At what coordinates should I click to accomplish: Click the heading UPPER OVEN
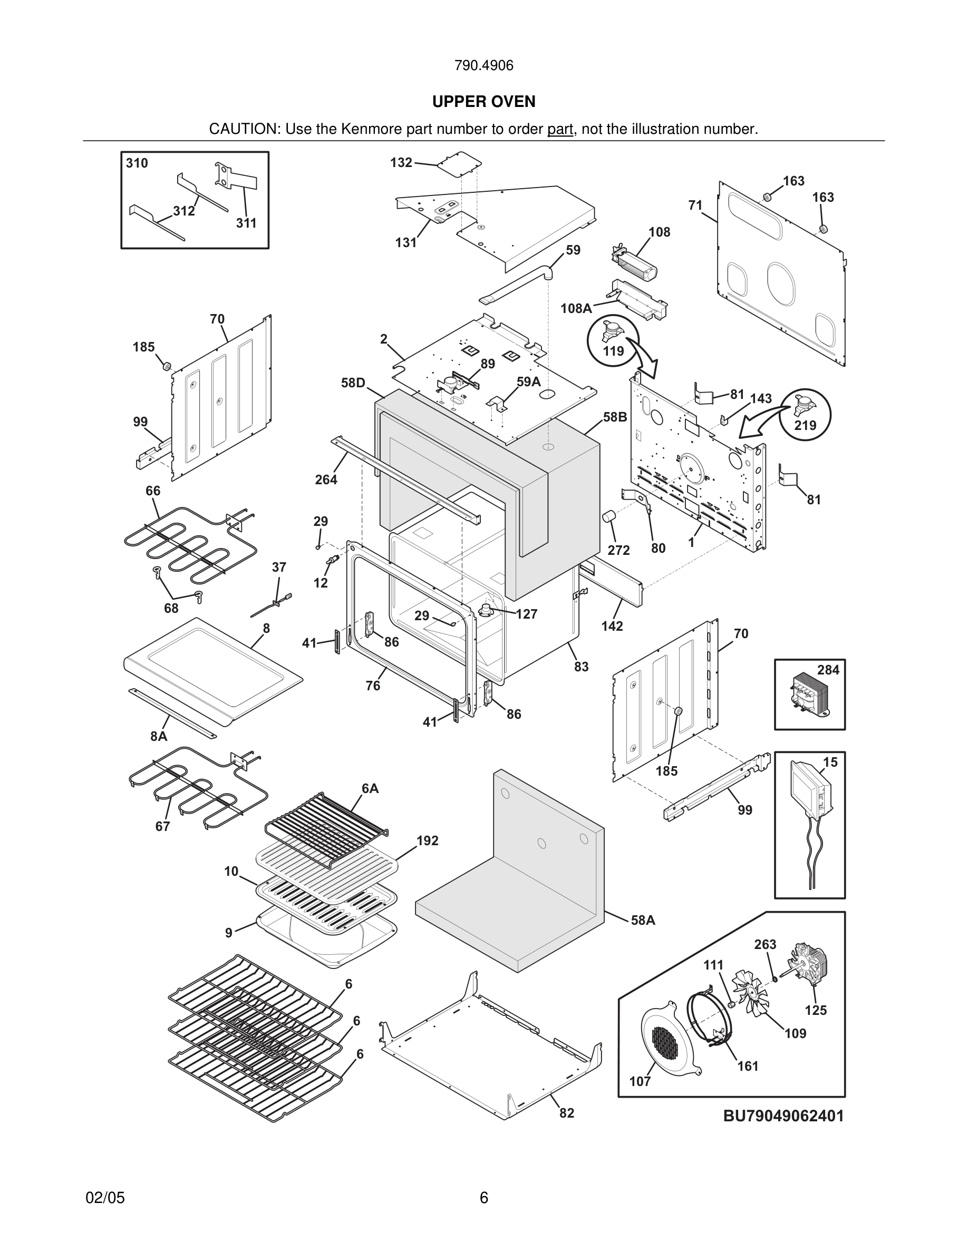[x=483, y=102]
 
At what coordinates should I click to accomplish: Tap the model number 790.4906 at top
[x=483, y=66]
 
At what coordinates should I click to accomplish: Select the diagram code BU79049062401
[x=783, y=1116]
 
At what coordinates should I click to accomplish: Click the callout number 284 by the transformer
[x=828, y=670]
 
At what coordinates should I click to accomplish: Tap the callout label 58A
[x=643, y=920]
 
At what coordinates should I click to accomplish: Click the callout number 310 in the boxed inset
[x=137, y=163]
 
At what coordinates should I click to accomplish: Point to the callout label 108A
[x=576, y=308]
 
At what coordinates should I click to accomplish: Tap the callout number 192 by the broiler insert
[x=427, y=840]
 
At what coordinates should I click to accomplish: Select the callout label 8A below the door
[x=159, y=736]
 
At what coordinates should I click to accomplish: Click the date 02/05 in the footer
[x=105, y=1198]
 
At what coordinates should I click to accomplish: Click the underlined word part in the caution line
[x=560, y=130]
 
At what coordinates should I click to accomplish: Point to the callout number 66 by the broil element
[x=153, y=491]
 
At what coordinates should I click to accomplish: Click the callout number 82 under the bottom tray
[x=567, y=1113]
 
